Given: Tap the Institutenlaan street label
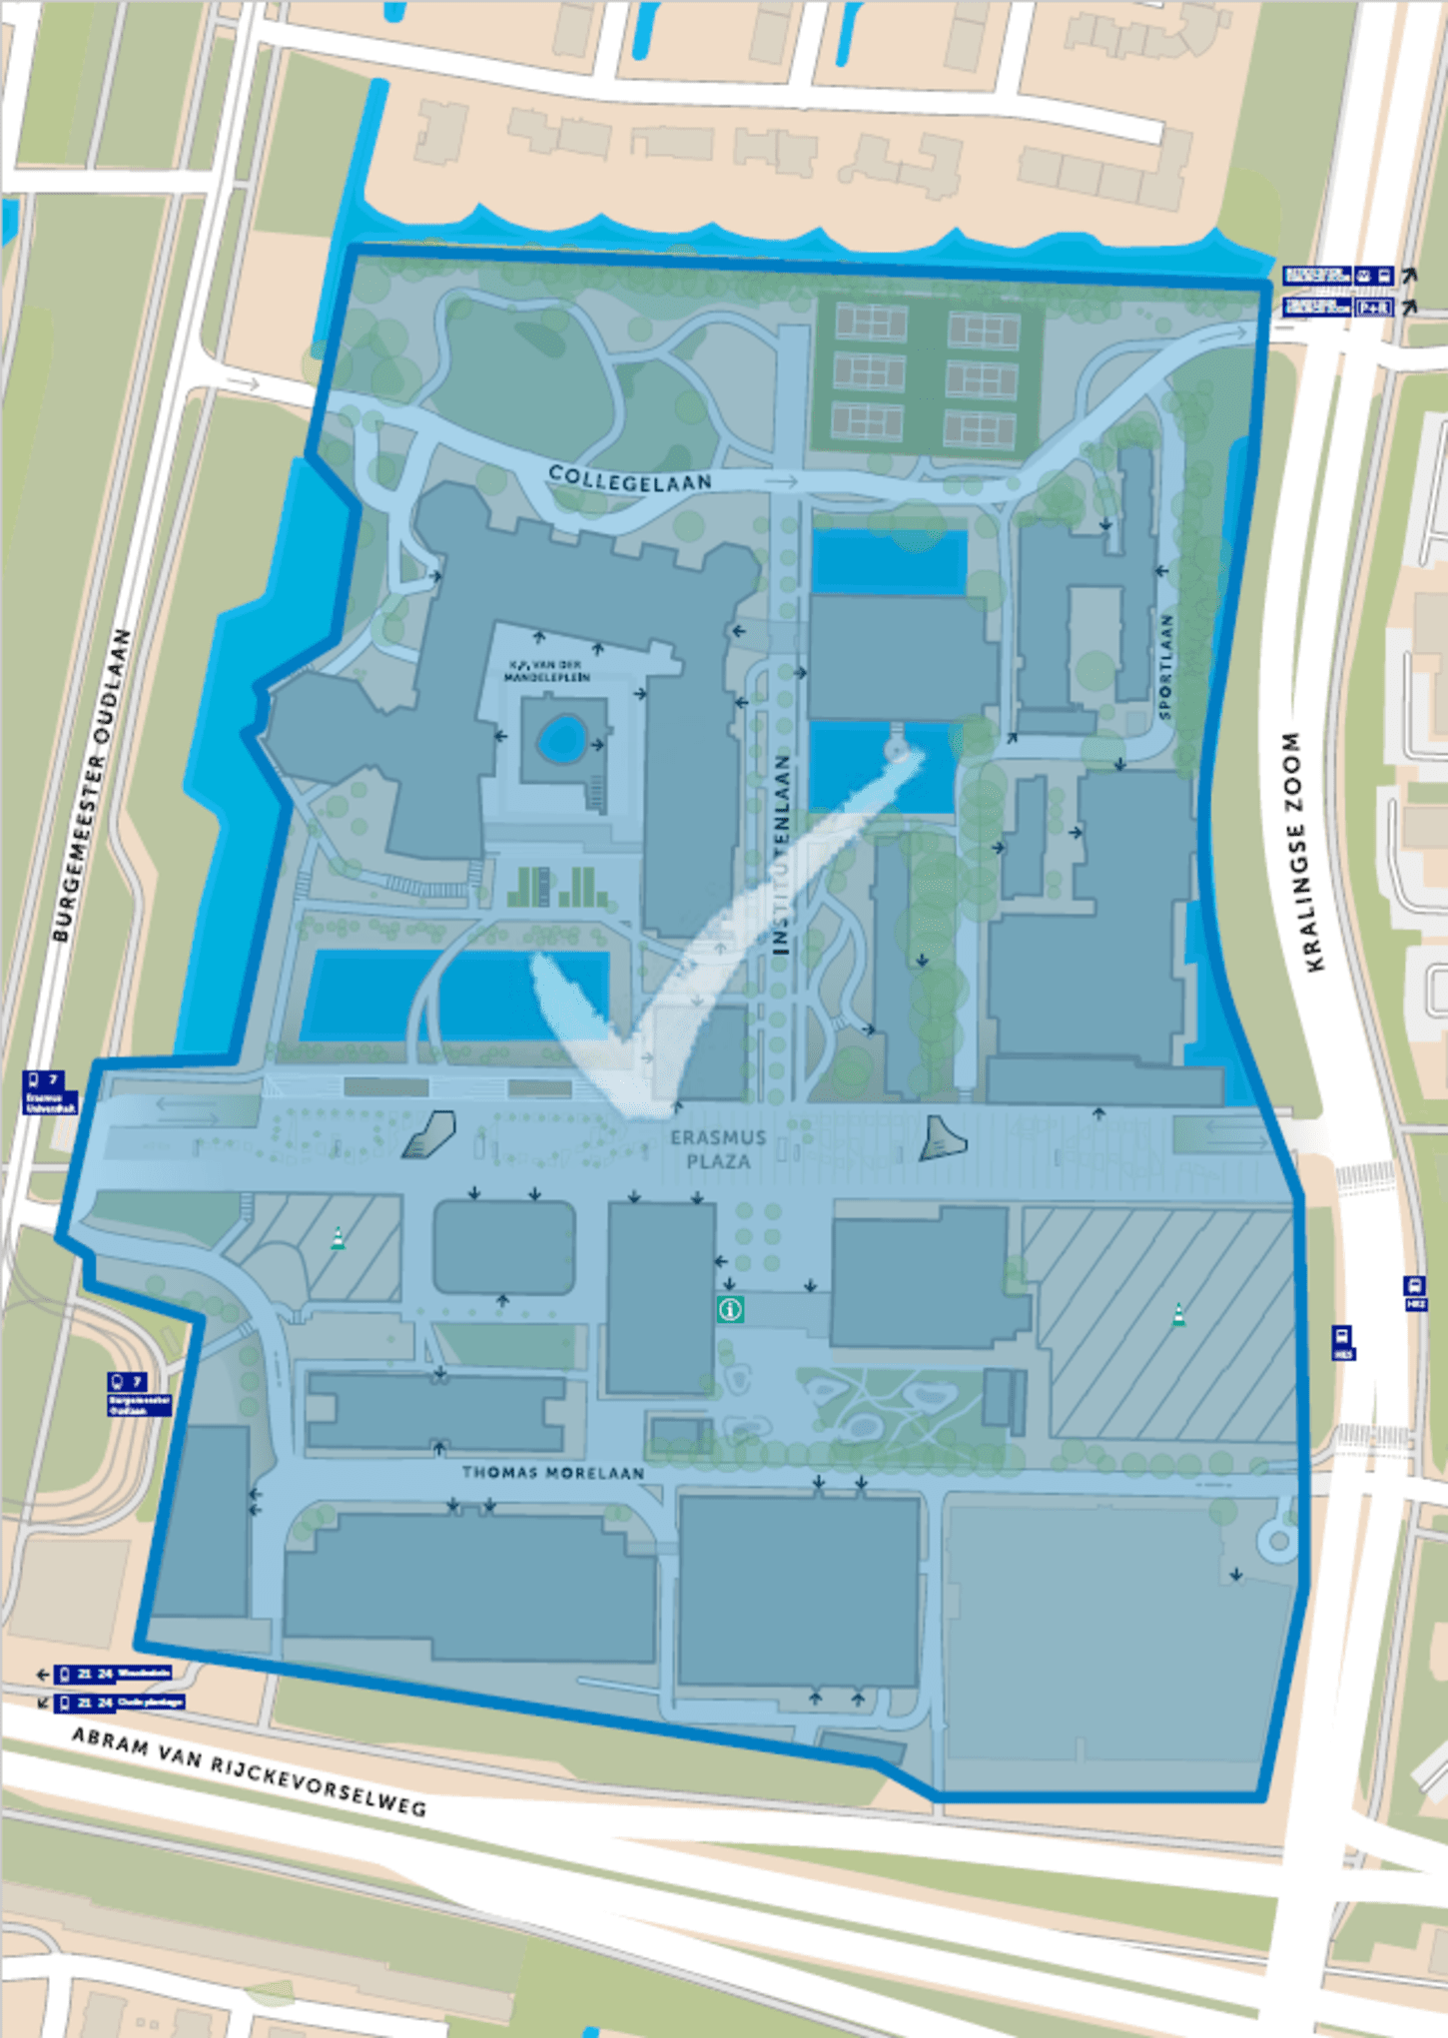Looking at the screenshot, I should [x=782, y=854].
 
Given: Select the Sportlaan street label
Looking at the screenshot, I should [x=1166, y=666].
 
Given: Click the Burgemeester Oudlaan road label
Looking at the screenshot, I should [x=93, y=785].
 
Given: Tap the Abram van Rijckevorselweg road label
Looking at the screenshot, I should [x=249, y=1772].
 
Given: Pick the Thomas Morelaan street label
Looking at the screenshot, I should [x=552, y=1472].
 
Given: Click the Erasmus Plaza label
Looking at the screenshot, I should [x=718, y=1149].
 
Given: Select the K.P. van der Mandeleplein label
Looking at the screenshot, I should [x=546, y=670].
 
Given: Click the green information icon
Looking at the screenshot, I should [x=730, y=1308].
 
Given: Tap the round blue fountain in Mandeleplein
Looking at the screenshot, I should [x=561, y=739].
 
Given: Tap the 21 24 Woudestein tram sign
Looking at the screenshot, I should [x=112, y=1673].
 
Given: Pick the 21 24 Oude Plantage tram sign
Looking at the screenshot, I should [x=120, y=1701].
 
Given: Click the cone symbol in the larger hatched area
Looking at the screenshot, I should [x=1178, y=1315].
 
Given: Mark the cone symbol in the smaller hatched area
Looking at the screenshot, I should [x=339, y=1239].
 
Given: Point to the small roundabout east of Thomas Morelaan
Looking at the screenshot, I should [x=1278, y=1539].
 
